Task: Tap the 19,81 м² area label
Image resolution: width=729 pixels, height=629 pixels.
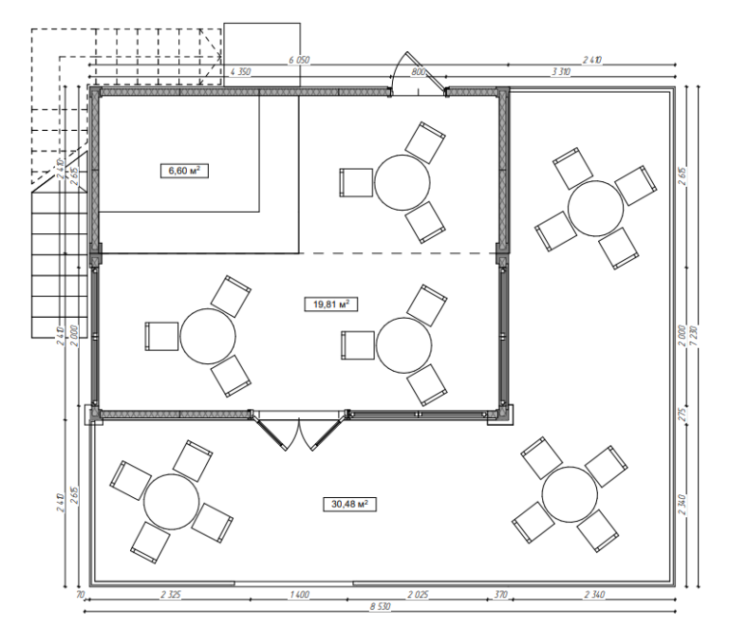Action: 327,304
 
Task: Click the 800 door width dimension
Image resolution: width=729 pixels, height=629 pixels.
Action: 418,72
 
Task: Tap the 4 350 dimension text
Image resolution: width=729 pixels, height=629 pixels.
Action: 243,72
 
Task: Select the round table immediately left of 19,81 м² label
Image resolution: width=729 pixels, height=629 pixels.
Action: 208,336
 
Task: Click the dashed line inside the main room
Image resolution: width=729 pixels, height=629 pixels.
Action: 399,254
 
